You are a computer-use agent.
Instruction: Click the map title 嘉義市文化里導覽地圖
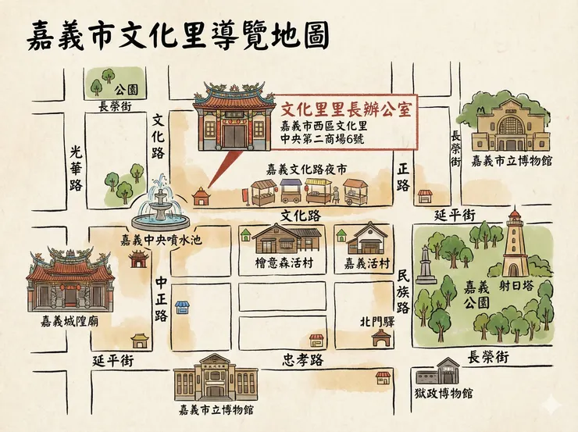177,34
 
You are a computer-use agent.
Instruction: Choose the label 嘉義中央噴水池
160,241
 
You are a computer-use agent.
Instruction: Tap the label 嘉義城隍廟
70,322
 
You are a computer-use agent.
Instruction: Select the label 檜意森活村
284,263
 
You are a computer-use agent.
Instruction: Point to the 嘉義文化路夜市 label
306,169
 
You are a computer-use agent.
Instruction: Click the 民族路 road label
403,292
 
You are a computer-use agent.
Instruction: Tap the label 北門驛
376,320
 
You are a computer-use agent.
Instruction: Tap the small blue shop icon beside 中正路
182,307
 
